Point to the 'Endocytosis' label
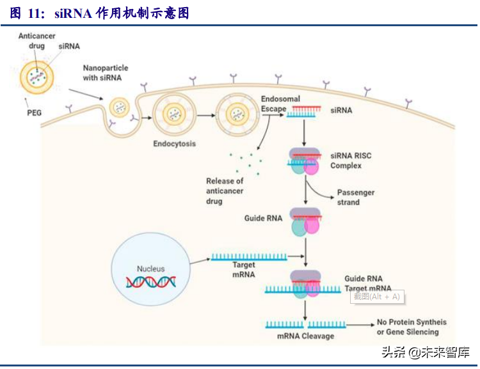(174, 143)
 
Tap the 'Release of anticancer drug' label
(225, 191)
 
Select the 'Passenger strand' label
(356, 197)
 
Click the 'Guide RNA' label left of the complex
(263, 219)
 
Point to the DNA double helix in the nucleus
(150, 283)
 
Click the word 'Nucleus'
(150, 269)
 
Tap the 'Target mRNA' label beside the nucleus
(244, 270)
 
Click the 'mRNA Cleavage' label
(305, 336)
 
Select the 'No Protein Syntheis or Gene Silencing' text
(412, 327)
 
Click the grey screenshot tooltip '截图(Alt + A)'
(376, 296)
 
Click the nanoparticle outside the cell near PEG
(36, 77)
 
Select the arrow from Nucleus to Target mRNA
(200, 260)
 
